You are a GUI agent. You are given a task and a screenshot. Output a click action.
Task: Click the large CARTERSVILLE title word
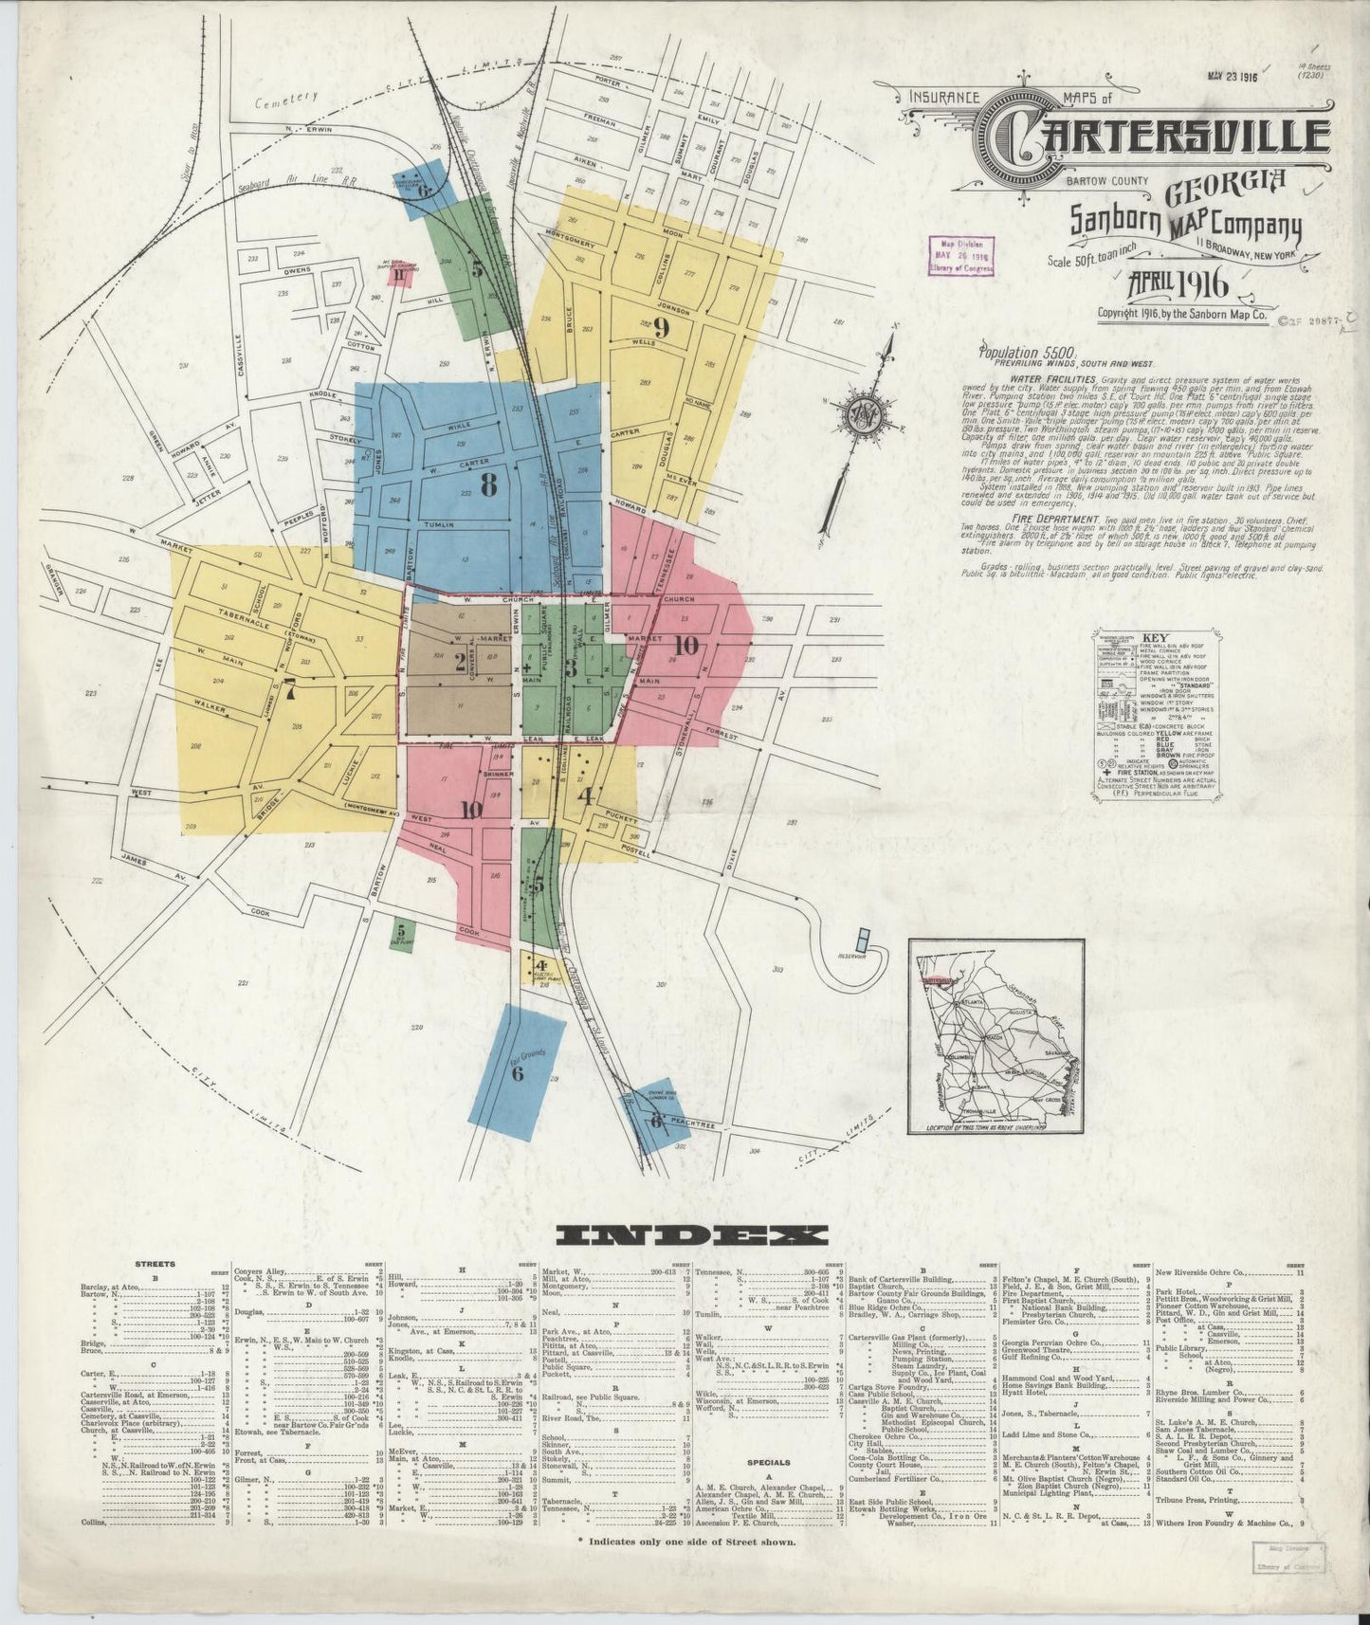pyautogui.click(x=1156, y=138)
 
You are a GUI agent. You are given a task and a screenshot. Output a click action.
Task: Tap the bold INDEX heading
pyautogui.click(x=691, y=1235)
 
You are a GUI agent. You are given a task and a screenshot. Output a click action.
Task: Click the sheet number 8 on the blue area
pyautogui.click(x=488, y=485)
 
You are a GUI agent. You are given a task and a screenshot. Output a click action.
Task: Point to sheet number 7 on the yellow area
pyautogui.click(x=290, y=690)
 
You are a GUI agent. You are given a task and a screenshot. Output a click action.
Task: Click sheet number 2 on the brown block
pyautogui.click(x=460, y=661)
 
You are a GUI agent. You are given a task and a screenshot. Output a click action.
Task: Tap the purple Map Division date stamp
pyautogui.click(x=961, y=255)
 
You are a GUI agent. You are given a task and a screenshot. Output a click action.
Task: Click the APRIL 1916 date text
pyautogui.click(x=1177, y=284)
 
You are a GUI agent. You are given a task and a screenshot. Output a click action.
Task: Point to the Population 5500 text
pyautogui.click(x=1025, y=351)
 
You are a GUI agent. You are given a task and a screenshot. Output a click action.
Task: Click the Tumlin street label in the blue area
pyautogui.click(x=439, y=524)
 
